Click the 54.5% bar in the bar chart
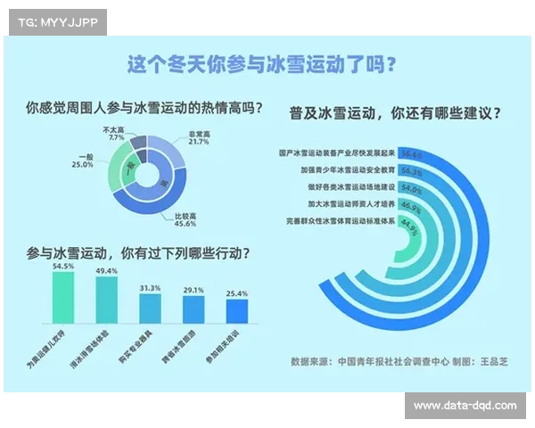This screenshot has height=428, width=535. (x=64, y=298)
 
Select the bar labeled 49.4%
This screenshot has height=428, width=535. (x=107, y=300)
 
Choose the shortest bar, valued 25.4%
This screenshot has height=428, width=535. (x=236, y=311)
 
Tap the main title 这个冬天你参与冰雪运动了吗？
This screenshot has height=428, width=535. (x=262, y=65)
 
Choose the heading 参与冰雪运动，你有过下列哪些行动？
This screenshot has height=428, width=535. (x=138, y=253)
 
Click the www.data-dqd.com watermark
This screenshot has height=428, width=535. (x=465, y=406)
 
